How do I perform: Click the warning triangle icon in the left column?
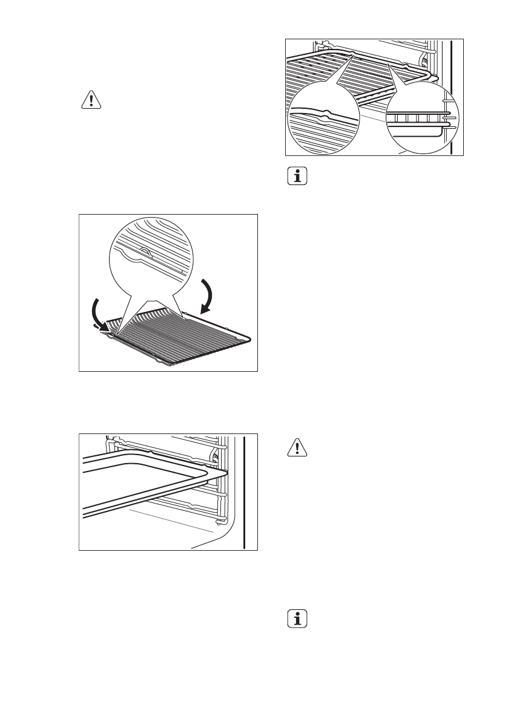(91, 100)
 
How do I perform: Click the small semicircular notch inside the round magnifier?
(145, 250)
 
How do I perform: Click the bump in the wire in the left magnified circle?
(327, 113)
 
